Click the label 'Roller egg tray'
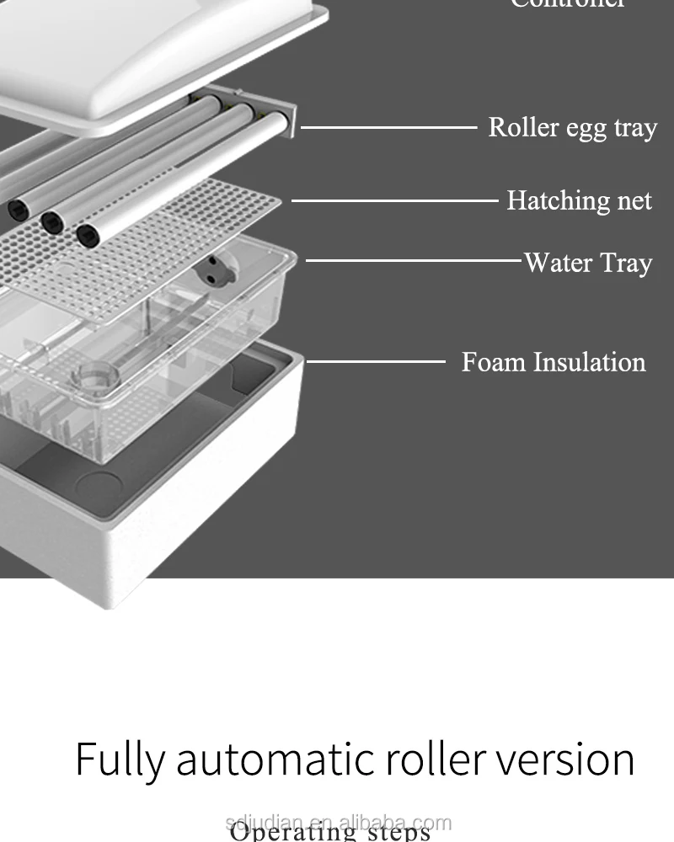[573, 128]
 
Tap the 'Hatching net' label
[580, 200]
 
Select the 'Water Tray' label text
[588, 263]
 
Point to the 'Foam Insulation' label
[554, 362]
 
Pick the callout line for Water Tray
[413, 260]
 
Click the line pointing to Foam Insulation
[376, 362]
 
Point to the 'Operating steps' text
[330, 834]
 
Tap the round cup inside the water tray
[94, 376]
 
